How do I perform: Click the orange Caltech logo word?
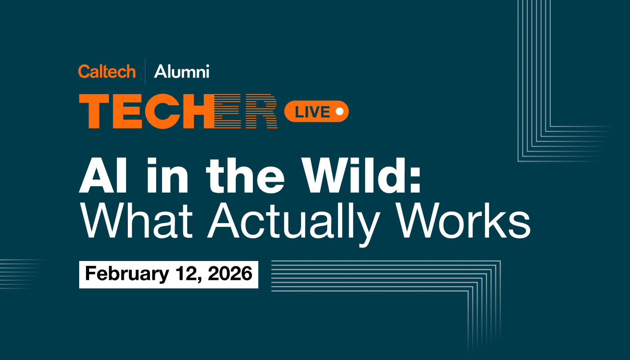click(107, 71)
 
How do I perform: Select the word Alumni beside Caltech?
click(181, 71)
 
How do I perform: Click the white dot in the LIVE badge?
click(339, 111)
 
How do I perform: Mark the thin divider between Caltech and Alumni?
click(145, 71)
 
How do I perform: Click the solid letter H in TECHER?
click(198, 112)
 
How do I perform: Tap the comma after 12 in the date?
click(196, 279)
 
